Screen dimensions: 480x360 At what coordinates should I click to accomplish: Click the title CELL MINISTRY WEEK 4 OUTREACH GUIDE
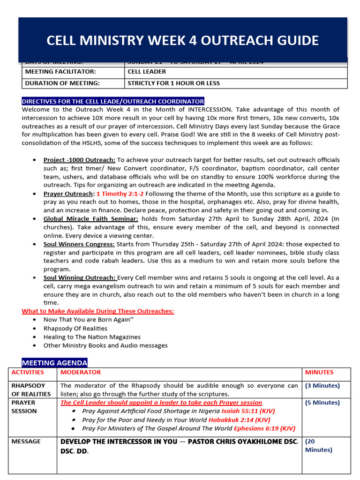[182, 40]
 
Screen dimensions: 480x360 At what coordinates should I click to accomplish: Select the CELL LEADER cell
[147, 72]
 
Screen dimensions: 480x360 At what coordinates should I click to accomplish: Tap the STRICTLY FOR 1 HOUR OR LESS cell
[173, 83]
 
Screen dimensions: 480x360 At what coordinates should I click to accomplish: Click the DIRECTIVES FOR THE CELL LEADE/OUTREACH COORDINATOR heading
[113, 101]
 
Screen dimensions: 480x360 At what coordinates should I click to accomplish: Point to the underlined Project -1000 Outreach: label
[79, 160]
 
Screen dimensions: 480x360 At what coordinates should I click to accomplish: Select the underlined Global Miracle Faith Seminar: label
[91, 219]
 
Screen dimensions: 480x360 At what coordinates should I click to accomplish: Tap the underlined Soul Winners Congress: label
[79, 244]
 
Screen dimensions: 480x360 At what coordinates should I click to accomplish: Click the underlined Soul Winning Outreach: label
[80, 278]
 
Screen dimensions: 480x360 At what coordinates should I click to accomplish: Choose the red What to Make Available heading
[97, 311]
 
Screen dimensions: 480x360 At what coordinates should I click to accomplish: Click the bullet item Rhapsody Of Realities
[75, 329]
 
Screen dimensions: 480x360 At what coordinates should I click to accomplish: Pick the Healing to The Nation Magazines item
[92, 337]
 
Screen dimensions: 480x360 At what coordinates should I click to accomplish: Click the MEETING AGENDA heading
[54, 363]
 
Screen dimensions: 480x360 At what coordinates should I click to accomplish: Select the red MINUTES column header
[319, 373]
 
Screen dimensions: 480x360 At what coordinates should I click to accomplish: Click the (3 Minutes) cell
[322, 386]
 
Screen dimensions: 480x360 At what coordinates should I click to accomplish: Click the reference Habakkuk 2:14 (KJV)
[239, 420]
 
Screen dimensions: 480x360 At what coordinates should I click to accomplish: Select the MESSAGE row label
[26, 442]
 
